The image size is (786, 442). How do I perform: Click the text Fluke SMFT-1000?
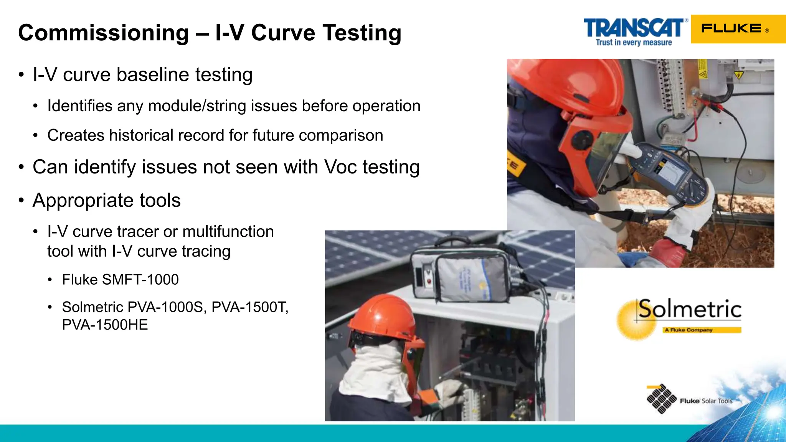coord(120,279)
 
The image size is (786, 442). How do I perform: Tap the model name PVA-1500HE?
coord(105,325)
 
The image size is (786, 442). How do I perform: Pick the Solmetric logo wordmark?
coord(689,309)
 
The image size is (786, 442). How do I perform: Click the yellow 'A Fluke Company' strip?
coord(702,330)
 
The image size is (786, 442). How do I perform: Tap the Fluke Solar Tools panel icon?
coord(661,399)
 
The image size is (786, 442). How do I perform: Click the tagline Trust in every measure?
coord(634,43)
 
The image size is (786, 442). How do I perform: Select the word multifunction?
coord(228,232)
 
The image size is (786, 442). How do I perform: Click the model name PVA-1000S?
coord(167,307)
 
